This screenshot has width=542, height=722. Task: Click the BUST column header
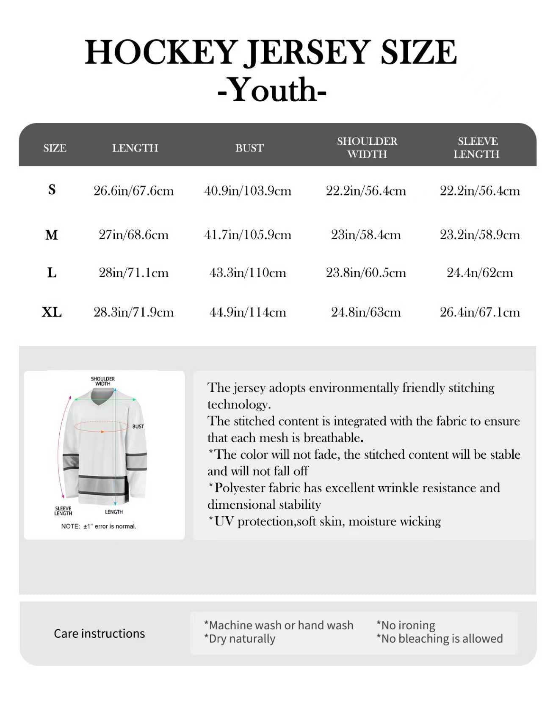click(x=249, y=148)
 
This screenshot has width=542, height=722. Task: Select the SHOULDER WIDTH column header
click(x=367, y=147)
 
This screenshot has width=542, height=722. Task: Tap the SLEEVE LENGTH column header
click(x=477, y=147)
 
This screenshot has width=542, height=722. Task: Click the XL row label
click(x=52, y=312)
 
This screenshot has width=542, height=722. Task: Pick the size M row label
click(x=51, y=234)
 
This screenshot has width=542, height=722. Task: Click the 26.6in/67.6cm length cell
click(x=134, y=191)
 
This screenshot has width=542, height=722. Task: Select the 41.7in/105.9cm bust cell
click(x=248, y=234)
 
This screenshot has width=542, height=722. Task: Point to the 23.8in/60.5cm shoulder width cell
click(x=366, y=273)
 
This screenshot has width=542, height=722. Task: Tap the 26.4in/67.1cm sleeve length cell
click(x=480, y=312)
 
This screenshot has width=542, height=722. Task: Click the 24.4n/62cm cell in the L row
click(x=480, y=273)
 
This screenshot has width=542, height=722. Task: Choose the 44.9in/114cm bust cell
click(x=248, y=312)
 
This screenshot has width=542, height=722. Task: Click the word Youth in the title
click(x=272, y=90)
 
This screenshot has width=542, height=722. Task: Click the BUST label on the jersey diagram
click(x=138, y=427)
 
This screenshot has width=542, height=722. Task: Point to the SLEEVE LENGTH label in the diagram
click(x=63, y=511)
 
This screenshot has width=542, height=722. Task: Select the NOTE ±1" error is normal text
click(x=99, y=526)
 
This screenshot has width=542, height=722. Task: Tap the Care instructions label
click(x=100, y=634)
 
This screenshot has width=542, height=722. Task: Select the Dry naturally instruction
click(x=240, y=639)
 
